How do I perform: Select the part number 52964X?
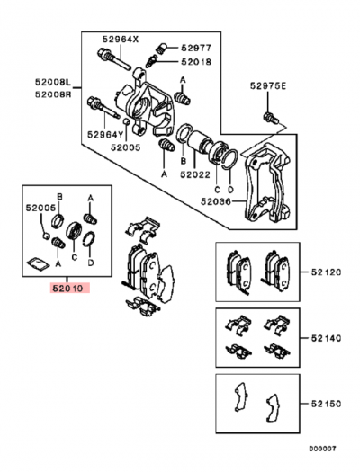point(121,40)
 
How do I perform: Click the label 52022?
point(195,175)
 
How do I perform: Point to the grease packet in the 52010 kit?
point(38,263)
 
